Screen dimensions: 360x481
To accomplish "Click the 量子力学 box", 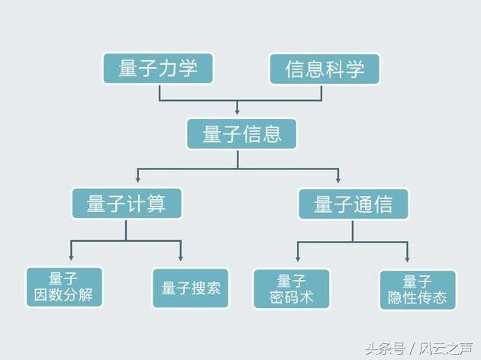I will [158, 69].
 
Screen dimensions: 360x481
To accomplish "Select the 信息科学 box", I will [324, 69].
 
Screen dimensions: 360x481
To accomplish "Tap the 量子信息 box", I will [241, 134].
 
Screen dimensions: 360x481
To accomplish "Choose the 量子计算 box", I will [127, 204].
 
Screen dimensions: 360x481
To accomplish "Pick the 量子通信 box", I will [353, 204].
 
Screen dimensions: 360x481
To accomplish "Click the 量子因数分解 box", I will [64, 287].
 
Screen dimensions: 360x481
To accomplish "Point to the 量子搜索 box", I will [191, 288].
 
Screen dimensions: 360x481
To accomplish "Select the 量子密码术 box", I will [292, 288].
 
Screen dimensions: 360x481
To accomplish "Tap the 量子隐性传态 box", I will [418, 289].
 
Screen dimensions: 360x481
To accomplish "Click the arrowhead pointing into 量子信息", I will [237, 112].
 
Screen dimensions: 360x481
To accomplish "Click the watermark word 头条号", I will [384, 349].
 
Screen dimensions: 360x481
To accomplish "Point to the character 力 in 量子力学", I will [168, 69].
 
